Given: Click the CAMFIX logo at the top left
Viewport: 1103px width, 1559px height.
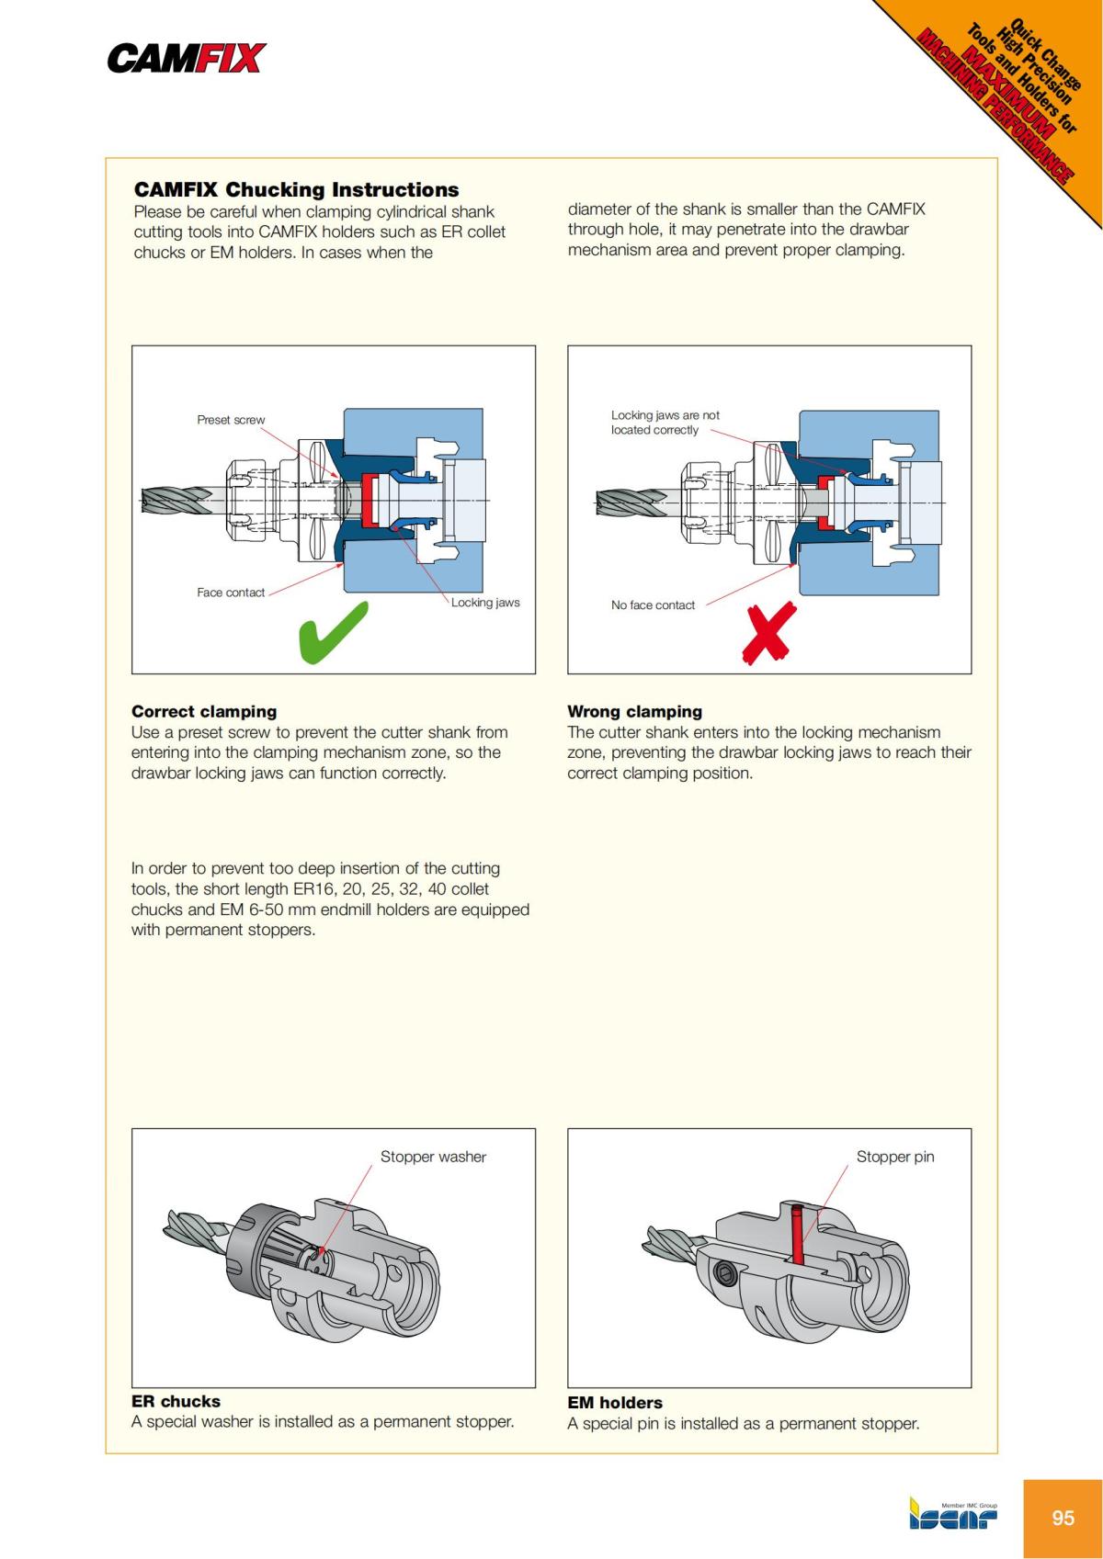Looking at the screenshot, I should pyautogui.click(x=187, y=59).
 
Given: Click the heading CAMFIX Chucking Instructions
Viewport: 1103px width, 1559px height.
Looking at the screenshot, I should pyautogui.click(x=296, y=190).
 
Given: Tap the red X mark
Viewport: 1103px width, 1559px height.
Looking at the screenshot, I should pyautogui.click(x=768, y=632).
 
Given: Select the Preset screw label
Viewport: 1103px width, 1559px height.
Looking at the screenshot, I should pyautogui.click(x=231, y=420).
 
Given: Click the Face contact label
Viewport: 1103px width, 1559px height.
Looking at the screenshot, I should pyautogui.click(x=230, y=593).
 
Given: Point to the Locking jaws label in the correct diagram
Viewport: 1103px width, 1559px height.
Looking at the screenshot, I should pyautogui.click(x=485, y=603).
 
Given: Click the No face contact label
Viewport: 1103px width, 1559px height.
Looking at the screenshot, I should pyautogui.click(x=653, y=605).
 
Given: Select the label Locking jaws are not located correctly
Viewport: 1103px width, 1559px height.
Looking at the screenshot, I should pyautogui.click(x=665, y=423).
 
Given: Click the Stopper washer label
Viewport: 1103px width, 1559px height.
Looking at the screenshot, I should pyautogui.click(x=433, y=1157).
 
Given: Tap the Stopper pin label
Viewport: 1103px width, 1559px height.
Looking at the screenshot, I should pyautogui.click(x=894, y=1157).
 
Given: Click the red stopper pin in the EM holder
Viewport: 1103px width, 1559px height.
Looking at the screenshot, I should pyautogui.click(x=796, y=1236).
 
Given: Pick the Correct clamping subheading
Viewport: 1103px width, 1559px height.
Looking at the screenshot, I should pyautogui.click(x=204, y=711).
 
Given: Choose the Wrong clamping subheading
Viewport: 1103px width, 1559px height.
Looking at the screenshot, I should pyautogui.click(x=634, y=711).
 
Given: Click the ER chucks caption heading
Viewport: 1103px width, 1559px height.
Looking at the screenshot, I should pyautogui.click(x=176, y=1401).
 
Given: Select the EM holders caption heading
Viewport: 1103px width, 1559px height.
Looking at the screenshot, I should pyautogui.click(x=614, y=1403).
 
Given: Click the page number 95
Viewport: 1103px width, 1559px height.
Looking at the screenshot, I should pyautogui.click(x=1063, y=1518).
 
